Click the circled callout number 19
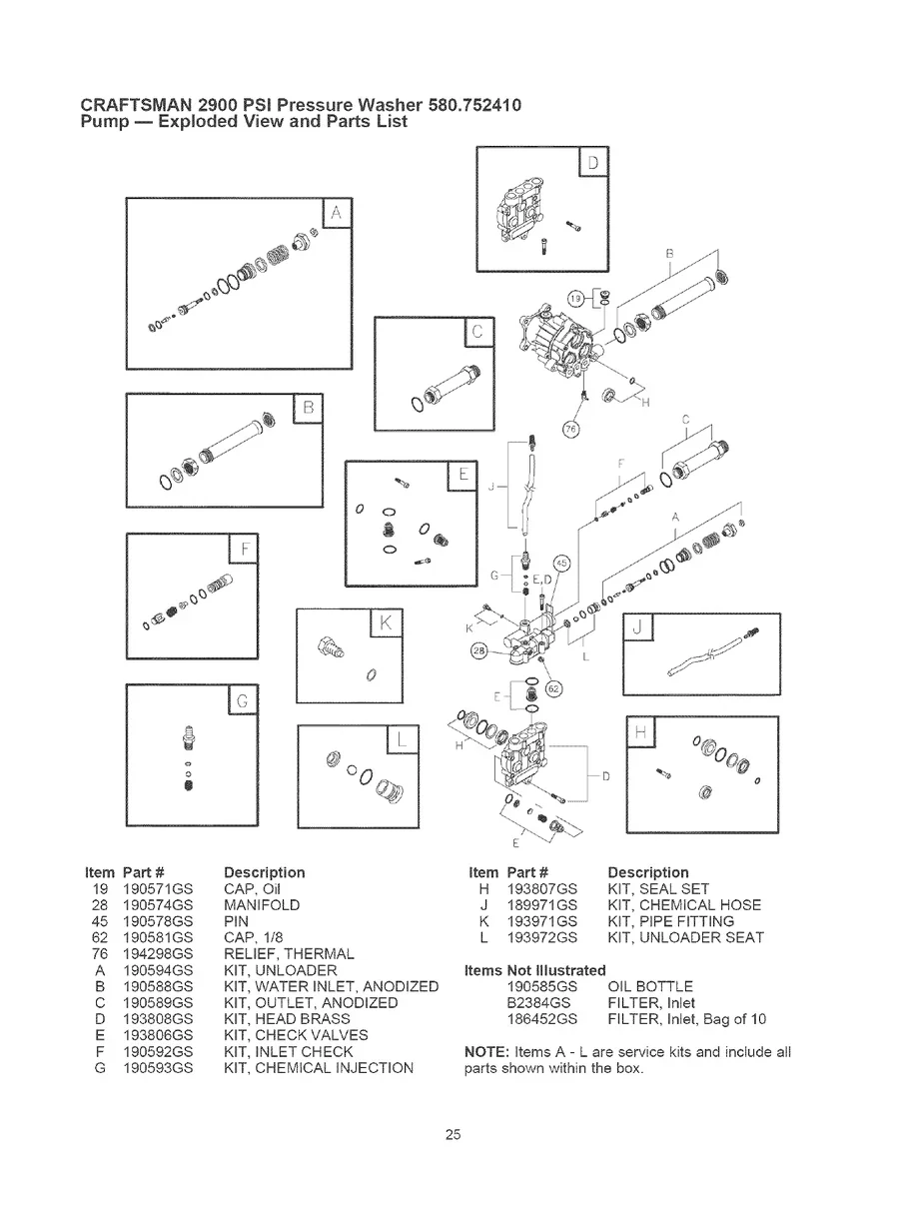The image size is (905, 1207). coord(576,298)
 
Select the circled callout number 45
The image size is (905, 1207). coord(561,566)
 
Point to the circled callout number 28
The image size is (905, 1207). coord(479,651)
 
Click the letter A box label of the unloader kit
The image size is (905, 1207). coord(336,213)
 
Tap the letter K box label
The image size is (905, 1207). coord(386,623)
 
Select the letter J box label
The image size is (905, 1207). coord(637,628)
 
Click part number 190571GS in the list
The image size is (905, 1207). coord(165,888)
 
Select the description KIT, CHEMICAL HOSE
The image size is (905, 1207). coord(684,904)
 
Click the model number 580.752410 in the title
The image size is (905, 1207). coord(474,105)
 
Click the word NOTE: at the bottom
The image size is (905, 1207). coord(487,1052)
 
